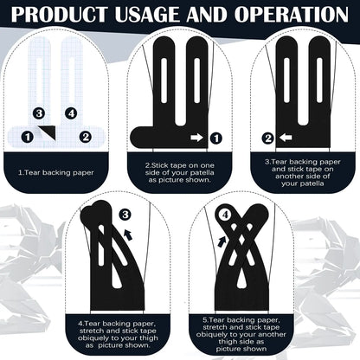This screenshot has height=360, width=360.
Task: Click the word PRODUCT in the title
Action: pos(59,14)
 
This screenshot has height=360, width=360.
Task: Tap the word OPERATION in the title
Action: pos(292,14)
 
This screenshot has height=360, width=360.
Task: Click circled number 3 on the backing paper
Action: pos(39,113)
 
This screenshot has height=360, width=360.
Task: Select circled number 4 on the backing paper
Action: pos(71,113)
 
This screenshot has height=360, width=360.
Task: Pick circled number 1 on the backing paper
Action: pos(28,137)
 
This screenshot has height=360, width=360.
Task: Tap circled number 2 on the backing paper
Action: pos(86,137)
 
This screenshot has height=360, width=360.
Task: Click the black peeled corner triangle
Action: pos(49,132)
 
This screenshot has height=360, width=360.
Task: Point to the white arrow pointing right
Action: pos(196,138)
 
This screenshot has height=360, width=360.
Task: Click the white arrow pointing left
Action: pos(286,138)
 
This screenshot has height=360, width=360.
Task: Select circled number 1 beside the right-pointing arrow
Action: pos(216,138)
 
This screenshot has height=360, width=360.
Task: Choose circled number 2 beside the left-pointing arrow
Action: pos(268,138)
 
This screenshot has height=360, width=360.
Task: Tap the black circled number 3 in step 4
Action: pos(125,215)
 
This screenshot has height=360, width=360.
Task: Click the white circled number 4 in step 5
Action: pos(225,215)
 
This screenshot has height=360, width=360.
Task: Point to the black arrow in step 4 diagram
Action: pos(128,235)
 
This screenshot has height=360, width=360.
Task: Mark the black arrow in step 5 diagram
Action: pos(222,241)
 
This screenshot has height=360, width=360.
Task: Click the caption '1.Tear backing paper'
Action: pos(56,173)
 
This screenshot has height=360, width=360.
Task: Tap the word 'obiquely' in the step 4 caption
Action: pos(94,338)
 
